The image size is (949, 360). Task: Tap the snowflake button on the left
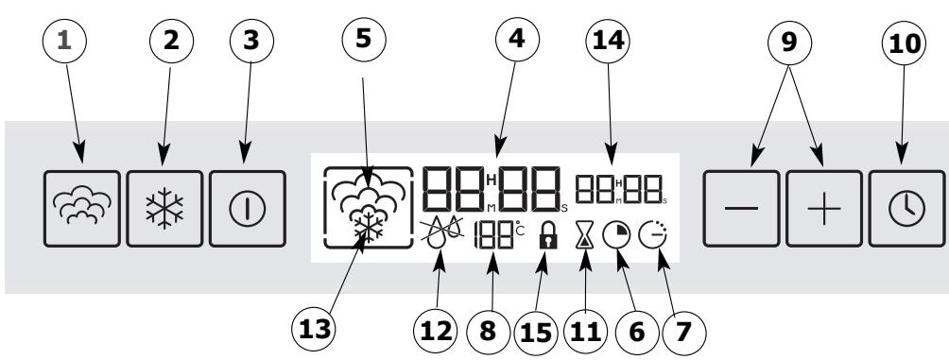click(x=164, y=209)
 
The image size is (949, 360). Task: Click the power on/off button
click(x=248, y=209)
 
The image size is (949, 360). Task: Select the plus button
click(x=823, y=209)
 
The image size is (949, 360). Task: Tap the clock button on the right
click(x=906, y=209)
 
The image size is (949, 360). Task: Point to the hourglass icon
click(x=585, y=235)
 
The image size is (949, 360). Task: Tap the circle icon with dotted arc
click(x=652, y=235)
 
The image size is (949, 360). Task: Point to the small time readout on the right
click(x=621, y=189)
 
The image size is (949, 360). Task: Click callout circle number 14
click(x=609, y=41)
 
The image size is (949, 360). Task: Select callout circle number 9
click(x=789, y=43)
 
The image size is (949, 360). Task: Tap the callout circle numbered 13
click(x=314, y=330)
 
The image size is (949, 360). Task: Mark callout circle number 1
click(x=65, y=41)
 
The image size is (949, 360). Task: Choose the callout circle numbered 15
click(x=536, y=333)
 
